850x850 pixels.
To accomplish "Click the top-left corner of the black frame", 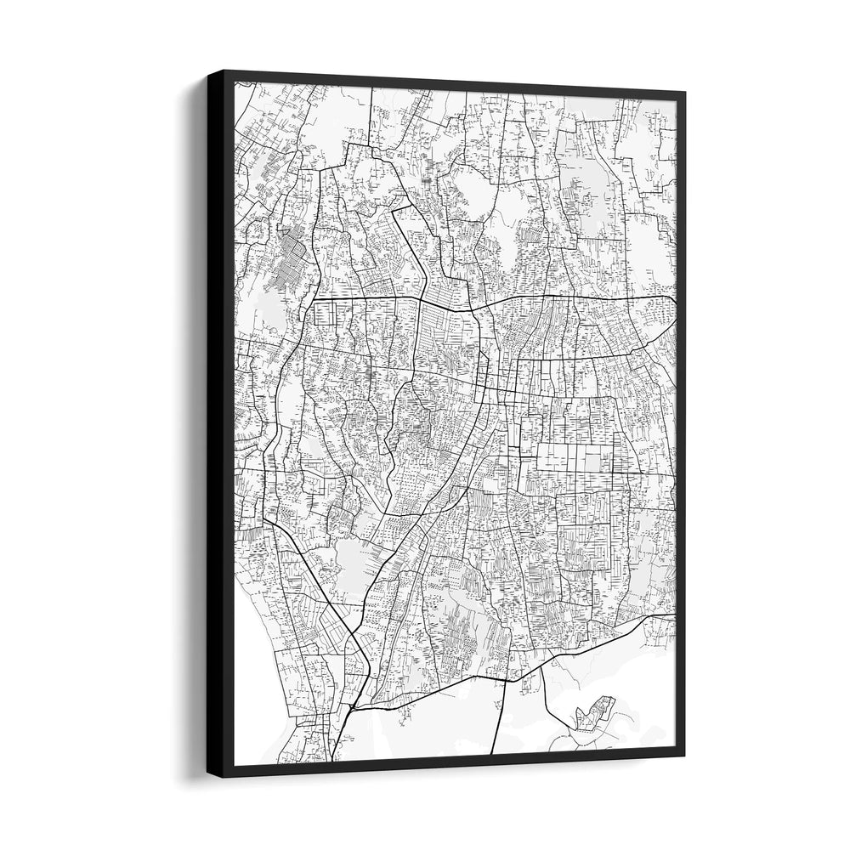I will coord(208,71).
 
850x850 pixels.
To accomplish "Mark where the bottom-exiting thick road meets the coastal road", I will coord(507,680).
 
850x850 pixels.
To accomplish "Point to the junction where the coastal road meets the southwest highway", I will coord(354,705).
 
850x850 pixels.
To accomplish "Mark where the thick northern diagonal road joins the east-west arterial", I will coord(422,300).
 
